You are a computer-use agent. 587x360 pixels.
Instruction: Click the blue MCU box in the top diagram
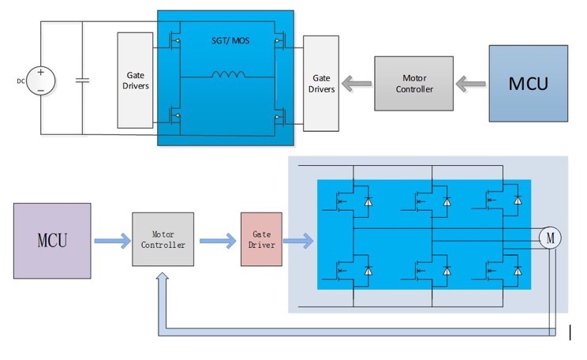pyautogui.click(x=528, y=83)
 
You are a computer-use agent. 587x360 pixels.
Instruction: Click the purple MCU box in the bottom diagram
pyautogui.click(x=52, y=240)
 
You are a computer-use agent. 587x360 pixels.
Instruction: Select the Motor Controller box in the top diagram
pyautogui.click(x=414, y=84)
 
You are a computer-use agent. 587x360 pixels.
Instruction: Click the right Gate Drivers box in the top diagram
pyautogui.click(x=321, y=83)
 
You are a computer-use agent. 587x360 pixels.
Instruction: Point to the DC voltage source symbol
pyautogui.click(x=41, y=81)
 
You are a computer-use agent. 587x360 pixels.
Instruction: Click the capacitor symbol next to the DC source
pyautogui.click(x=82, y=80)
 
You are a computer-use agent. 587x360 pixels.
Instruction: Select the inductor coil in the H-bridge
pyautogui.click(x=226, y=76)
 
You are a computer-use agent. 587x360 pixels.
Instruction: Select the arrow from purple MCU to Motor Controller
pyautogui.click(x=111, y=240)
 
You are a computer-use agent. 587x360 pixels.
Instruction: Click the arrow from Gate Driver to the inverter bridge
pyautogui.click(x=299, y=240)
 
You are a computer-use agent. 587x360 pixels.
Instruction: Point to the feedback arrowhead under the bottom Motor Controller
pyautogui.click(x=163, y=279)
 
